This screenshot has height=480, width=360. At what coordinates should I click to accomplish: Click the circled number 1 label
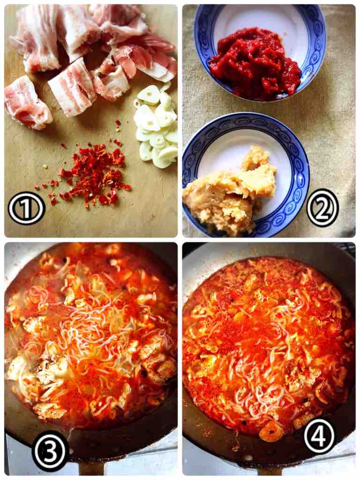pyautogui.click(x=27, y=208)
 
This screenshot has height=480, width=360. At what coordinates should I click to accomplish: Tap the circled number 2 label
pyautogui.click(x=322, y=208)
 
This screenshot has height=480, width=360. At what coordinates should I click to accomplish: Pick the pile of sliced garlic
pyautogui.click(x=156, y=126)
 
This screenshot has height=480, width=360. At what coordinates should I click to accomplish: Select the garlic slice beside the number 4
pyautogui.click(x=271, y=432)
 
